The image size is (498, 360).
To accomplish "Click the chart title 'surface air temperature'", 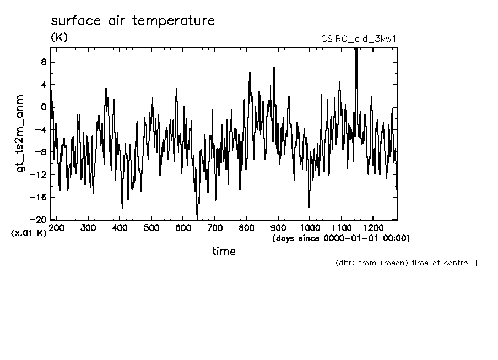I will [x=132, y=21].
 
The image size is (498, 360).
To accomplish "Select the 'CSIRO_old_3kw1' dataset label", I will [x=359, y=39].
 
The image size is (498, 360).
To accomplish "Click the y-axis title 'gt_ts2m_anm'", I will [x=20, y=133].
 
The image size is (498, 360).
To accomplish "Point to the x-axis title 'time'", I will [x=224, y=252].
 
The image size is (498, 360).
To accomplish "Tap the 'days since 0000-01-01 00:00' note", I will [x=341, y=238].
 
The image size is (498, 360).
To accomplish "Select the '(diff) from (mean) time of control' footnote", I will [x=402, y=263].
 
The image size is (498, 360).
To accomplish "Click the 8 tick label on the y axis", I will [x=43, y=62].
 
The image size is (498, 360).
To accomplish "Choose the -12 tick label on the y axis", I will [x=39, y=174].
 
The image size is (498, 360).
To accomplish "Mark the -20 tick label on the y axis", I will [x=39, y=220].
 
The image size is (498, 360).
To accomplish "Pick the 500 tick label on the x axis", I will [x=151, y=227].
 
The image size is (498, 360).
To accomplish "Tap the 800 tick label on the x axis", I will [x=246, y=227].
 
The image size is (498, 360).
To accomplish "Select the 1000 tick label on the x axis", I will [x=310, y=227].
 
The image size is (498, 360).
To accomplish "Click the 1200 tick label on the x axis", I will [x=373, y=227].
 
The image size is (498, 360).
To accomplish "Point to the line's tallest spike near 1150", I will [x=356, y=50].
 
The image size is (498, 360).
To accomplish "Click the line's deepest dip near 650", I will [x=197, y=217].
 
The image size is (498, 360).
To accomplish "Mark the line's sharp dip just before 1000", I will [x=308, y=206].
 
